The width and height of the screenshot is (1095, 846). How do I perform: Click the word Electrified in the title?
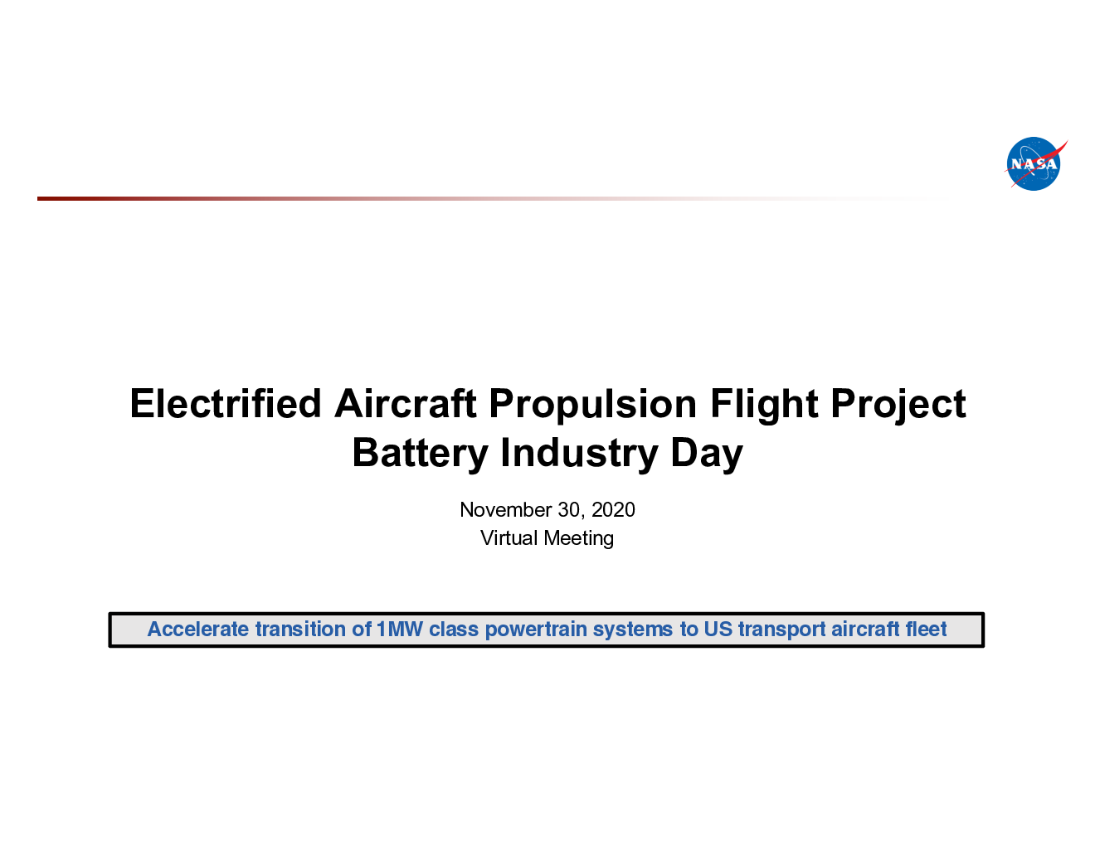click(226, 404)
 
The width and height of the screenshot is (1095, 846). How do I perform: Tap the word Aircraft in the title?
click(405, 404)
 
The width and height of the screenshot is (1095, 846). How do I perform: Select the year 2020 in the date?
click(613, 509)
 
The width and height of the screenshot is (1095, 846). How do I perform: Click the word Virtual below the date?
click(509, 537)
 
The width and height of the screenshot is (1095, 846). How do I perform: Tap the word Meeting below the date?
click(578, 539)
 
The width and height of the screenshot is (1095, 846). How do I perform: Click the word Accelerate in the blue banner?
click(197, 629)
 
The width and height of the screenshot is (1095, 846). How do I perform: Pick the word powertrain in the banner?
click(535, 630)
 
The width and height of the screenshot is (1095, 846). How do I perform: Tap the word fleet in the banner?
click(927, 629)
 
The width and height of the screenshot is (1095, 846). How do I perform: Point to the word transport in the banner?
click(781, 630)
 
